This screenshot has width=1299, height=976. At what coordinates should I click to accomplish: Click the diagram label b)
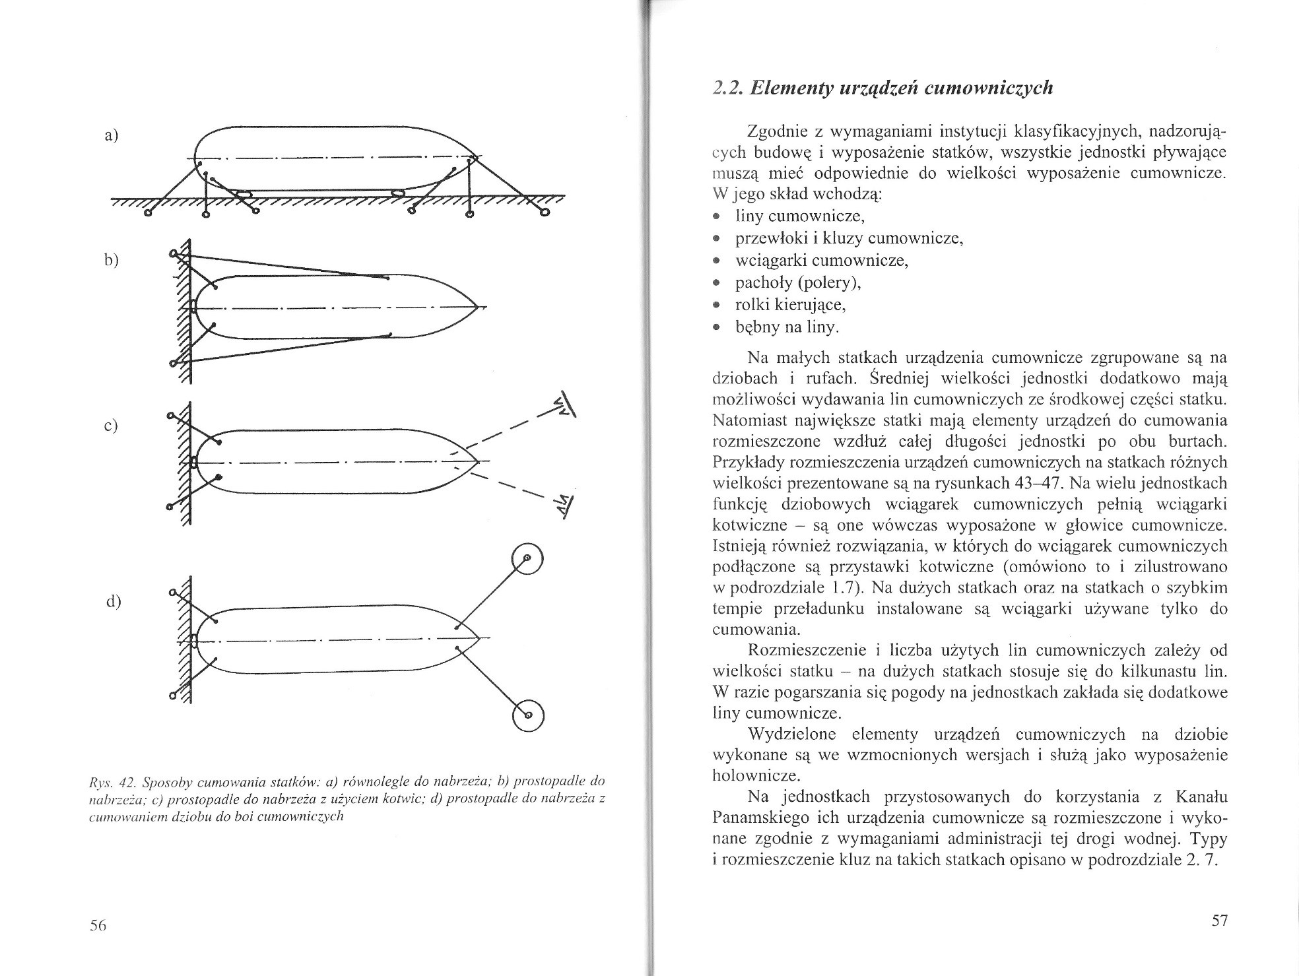(x=111, y=259)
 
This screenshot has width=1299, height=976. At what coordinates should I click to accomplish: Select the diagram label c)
(x=111, y=426)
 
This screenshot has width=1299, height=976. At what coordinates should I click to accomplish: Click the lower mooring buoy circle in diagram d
(x=527, y=715)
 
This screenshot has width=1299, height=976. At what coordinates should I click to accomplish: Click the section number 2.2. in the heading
(x=730, y=88)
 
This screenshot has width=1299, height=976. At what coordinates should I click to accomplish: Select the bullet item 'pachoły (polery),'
(x=799, y=282)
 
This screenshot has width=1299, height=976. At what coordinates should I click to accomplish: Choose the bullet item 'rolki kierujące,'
(x=791, y=305)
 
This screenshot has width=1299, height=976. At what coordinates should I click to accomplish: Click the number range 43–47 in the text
(x=1027, y=482)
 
